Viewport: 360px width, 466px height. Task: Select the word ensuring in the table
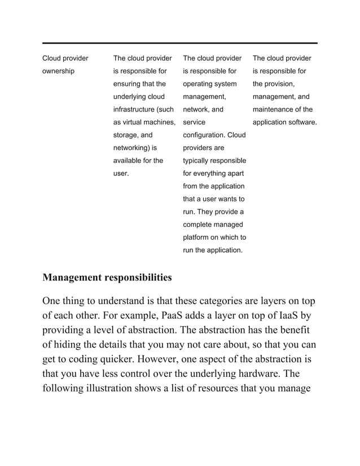[x=128, y=84]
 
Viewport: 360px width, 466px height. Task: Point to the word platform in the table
[x=196, y=237]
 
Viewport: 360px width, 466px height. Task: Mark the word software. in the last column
[x=298, y=122]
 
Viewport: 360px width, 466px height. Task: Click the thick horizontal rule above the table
[x=179, y=43]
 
